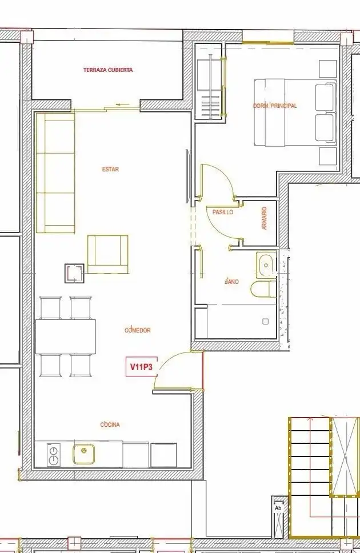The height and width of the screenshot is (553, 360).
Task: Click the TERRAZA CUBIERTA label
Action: [x=108, y=70]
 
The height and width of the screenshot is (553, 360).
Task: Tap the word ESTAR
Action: [x=110, y=169]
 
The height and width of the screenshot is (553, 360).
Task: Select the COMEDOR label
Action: [x=138, y=330]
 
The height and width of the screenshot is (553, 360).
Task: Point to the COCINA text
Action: [x=110, y=424]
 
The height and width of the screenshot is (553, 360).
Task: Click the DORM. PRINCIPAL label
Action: [x=275, y=106]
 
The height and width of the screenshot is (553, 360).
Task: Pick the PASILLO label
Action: [x=223, y=213]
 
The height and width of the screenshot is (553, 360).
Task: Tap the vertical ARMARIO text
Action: [x=265, y=218]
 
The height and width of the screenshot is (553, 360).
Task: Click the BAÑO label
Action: [x=231, y=282]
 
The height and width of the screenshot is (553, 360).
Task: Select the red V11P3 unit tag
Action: [x=141, y=367]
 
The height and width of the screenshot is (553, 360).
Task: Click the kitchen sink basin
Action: [x=83, y=454]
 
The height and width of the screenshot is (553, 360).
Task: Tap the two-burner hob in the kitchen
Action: [x=53, y=455]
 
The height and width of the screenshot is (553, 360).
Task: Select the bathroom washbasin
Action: [x=266, y=264]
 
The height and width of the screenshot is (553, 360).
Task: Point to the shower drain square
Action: [x=265, y=321]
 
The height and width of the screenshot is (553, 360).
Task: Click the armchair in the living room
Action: [x=107, y=254]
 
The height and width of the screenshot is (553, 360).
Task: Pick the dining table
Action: [x=66, y=336]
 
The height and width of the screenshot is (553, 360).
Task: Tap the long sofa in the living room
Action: [x=55, y=173]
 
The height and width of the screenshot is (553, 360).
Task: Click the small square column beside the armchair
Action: [x=74, y=273]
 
